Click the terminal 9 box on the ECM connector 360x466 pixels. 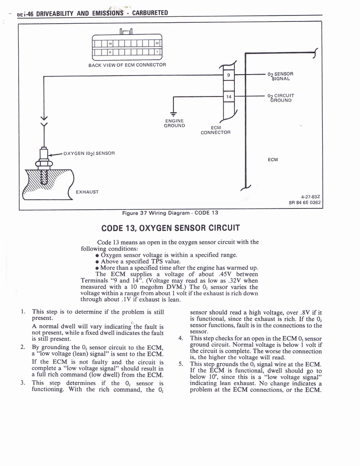(x=228, y=75)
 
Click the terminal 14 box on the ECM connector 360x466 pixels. (x=228, y=96)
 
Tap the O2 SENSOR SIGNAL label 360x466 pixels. (x=280, y=76)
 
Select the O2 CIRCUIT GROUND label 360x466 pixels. (x=280, y=97)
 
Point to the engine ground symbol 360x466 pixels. (x=173, y=113)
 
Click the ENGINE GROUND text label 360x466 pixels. (x=174, y=123)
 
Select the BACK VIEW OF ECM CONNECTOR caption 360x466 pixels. (x=127, y=65)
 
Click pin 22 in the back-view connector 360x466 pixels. (x=157, y=44)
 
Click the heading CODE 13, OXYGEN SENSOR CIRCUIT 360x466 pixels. (x=170, y=228)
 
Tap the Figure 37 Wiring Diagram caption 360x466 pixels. (x=170, y=213)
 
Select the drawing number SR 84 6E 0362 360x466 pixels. (x=304, y=203)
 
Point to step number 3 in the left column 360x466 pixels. (x=23, y=382)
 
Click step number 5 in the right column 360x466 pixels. (x=181, y=364)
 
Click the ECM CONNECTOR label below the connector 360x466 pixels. (x=215, y=130)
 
